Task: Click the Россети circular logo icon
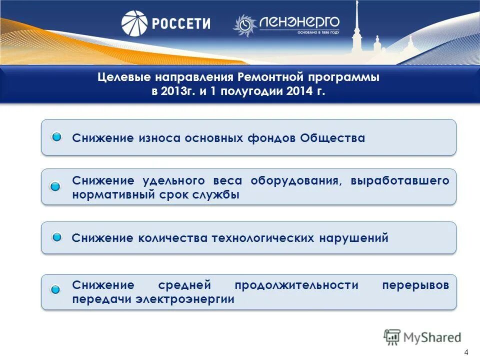click(134, 23)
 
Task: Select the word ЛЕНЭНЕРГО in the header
click(299, 21)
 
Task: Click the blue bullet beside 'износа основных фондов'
click(57, 137)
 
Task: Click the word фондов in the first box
click(271, 138)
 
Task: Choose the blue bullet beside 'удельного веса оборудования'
click(55, 186)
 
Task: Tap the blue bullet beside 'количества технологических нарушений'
click(57, 237)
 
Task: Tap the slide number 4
click(466, 351)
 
